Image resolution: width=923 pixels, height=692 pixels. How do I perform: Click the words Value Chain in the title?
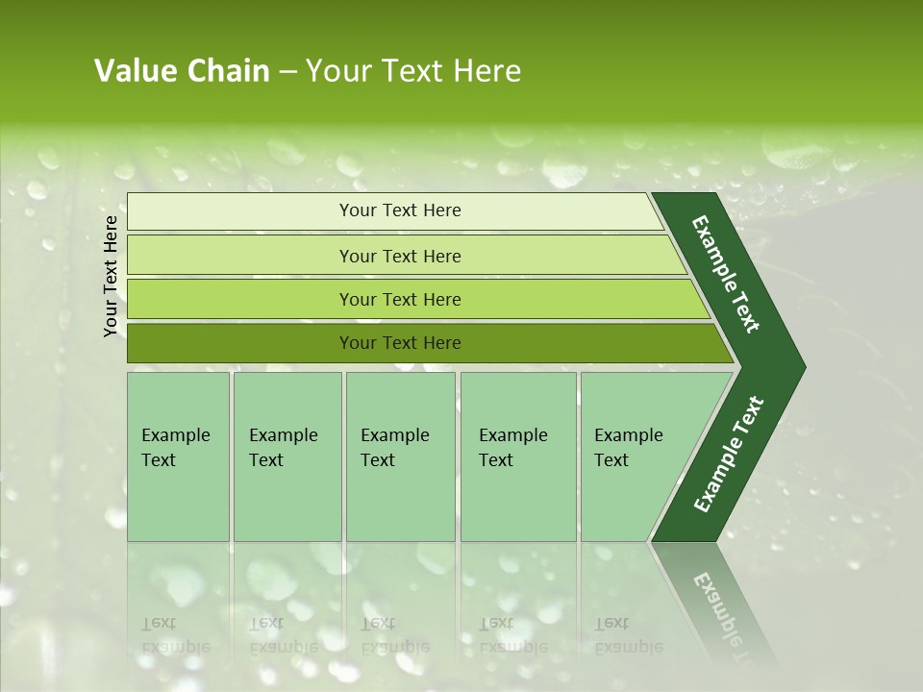click(182, 71)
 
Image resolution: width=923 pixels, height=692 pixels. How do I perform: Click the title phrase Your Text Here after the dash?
click(413, 71)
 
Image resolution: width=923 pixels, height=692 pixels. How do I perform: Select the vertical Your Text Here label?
click(111, 276)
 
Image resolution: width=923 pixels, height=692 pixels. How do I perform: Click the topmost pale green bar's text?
click(400, 210)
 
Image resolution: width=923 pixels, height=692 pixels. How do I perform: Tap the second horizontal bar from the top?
click(400, 256)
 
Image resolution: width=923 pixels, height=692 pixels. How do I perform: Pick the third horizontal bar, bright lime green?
click(400, 300)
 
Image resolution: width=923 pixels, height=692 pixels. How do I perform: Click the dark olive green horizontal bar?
click(400, 343)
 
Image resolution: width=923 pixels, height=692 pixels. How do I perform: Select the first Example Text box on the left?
click(177, 448)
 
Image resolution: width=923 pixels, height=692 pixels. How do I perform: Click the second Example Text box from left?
click(286, 448)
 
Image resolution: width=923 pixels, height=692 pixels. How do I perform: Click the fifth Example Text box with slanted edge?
click(631, 448)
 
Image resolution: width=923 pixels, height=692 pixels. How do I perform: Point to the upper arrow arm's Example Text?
click(727, 274)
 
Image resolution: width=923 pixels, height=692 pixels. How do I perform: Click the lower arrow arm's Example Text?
click(729, 455)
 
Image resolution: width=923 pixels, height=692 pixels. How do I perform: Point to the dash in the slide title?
click(287, 72)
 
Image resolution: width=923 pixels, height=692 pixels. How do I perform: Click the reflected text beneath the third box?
click(394, 634)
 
